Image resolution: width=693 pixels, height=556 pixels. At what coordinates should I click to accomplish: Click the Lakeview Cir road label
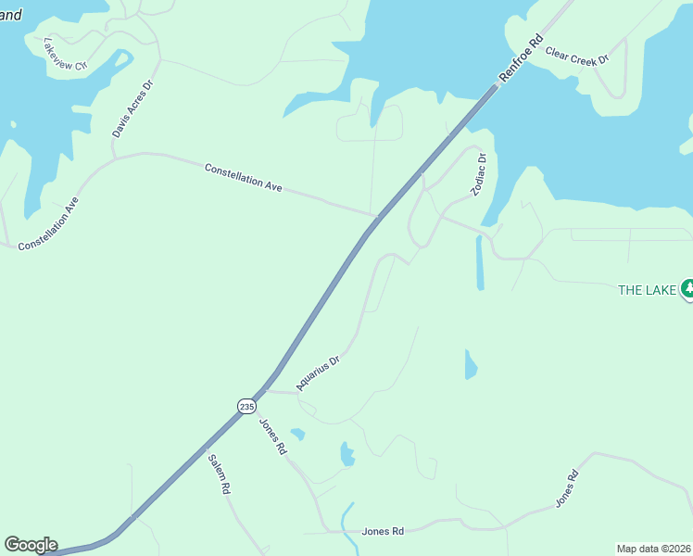pyautogui.click(x=65, y=55)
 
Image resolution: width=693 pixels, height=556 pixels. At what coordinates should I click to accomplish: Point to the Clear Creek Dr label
pyautogui.click(x=576, y=56)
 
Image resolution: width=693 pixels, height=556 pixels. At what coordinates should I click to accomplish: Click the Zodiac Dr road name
pyautogui.click(x=478, y=174)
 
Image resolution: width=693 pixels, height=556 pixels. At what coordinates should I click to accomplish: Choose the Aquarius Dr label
pyautogui.click(x=319, y=372)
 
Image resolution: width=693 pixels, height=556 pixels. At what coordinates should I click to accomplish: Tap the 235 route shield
pyautogui.click(x=246, y=406)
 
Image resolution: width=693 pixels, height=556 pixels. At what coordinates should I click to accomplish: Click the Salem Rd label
pyautogui.click(x=219, y=474)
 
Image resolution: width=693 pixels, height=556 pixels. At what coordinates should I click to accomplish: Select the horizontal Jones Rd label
pyautogui.click(x=383, y=531)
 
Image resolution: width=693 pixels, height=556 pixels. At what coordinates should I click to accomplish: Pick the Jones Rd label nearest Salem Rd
pyautogui.click(x=272, y=436)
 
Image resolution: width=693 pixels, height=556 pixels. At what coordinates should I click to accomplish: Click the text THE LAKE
pyautogui.click(x=648, y=290)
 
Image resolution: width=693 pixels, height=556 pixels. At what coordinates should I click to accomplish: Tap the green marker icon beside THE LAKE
pyautogui.click(x=687, y=289)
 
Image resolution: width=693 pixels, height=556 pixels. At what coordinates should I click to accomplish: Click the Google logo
pyautogui.click(x=31, y=545)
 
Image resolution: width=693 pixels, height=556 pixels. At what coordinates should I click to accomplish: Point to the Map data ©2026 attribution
pyautogui.click(x=653, y=549)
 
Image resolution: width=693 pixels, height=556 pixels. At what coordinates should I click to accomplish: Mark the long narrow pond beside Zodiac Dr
pyautogui.click(x=479, y=263)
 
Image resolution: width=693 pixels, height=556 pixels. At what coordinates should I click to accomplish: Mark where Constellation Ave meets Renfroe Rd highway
pyautogui.click(x=376, y=217)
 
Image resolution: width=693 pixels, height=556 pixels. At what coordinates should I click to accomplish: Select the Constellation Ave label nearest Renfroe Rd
pyautogui.click(x=243, y=178)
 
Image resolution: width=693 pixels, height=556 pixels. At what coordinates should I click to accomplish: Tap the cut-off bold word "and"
pyautogui.click(x=11, y=14)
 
